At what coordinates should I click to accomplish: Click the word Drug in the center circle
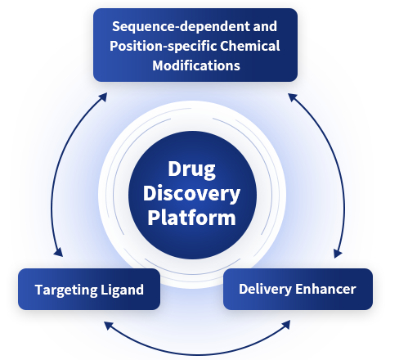pyautogui.click(x=191, y=170)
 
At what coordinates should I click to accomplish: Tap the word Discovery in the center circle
pyautogui.click(x=191, y=194)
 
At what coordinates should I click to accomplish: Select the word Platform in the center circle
pyautogui.click(x=191, y=218)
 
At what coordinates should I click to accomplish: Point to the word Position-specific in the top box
pyautogui.click(x=164, y=46)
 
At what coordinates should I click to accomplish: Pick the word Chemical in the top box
pyautogui.click(x=250, y=46)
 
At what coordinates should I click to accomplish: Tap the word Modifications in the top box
pyautogui.click(x=196, y=65)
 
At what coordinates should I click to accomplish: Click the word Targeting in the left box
pyautogui.click(x=66, y=290)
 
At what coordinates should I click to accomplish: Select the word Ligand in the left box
pyautogui.click(x=122, y=290)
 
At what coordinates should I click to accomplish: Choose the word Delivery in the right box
pyautogui.click(x=265, y=289)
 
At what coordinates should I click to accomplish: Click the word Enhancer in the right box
pyautogui.click(x=325, y=289)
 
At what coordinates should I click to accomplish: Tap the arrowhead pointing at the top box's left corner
pyautogui.click(x=103, y=97)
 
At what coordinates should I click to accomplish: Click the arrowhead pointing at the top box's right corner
pyautogui.click(x=293, y=97)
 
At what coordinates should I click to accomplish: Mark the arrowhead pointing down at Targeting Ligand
pyautogui.click(x=58, y=252)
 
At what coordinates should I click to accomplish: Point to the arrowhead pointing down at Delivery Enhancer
pyautogui.click(x=338, y=253)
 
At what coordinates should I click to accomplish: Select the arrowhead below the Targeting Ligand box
pyautogui.click(x=109, y=326)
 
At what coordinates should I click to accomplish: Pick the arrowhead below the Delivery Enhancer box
pyautogui.click(x=286, y=325)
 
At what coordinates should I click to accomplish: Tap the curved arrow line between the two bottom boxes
pyautogui.click(x=197, y=355)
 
